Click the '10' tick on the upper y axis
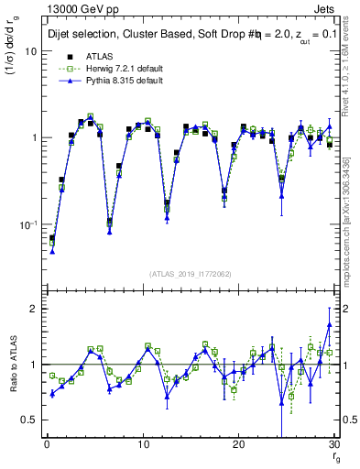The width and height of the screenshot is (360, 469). [29, 51]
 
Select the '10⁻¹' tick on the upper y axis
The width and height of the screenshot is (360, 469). [27, 224]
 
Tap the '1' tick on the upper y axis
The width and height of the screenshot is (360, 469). [33, 138]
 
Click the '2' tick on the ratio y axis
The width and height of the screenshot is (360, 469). [33, 309]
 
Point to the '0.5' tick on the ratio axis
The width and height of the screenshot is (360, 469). [28, 420]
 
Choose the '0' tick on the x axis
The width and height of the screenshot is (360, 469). [46, 445]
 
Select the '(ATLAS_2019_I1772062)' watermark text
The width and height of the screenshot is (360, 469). [190, 273]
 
